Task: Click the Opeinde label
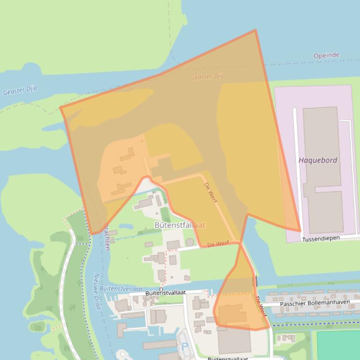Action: click(326, 55)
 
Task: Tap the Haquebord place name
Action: click(318, 160)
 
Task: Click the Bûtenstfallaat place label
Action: click(180, 225)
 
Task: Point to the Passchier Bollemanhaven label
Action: click(315, 303)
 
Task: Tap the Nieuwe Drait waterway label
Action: click(97, 291)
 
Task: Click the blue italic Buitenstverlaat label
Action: click(121, 289)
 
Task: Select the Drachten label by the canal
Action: click(106, 237)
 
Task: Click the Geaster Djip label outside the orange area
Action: click(20, 90)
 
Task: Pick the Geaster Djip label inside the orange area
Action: click(207, 77)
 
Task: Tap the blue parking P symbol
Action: click(184, 346)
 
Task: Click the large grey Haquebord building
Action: click(322, 168)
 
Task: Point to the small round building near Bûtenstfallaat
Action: click(190, 242)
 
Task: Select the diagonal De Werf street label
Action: click(211, 192)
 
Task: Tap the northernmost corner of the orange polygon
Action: click(255, 30)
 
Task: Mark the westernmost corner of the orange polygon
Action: click(60, 108)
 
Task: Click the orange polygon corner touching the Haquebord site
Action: click(300, 230)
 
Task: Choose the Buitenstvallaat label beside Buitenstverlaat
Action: click(165, 293)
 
